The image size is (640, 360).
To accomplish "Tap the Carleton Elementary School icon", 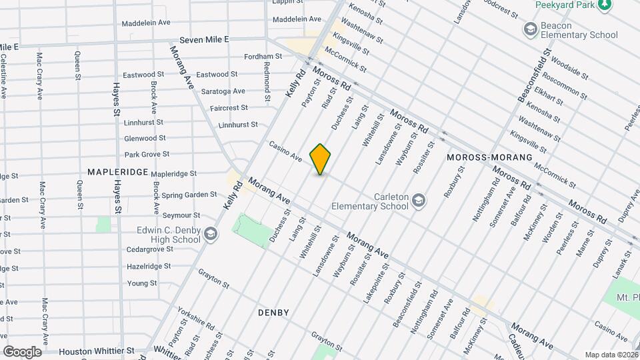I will click(x=418, y=199).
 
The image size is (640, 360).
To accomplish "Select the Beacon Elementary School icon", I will click(x=531, y=29).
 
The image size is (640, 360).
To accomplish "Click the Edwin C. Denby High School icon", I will click(x=211, y=233).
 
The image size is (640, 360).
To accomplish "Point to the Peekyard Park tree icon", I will click(x=605, y=5).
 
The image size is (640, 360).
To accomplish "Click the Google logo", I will click(x=22, y=351).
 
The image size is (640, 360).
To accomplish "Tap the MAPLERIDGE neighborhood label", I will click(x=117, y=172).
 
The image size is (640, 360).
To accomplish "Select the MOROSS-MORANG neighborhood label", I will click(x=490, y=157).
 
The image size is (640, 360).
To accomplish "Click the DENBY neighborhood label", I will click(x=273, y=313).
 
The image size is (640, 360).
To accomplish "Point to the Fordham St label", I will click(x=259, y=57).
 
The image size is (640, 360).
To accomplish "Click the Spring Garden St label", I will click(x=189, y=195).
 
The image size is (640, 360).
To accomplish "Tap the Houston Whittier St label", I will click(x=96, y=351).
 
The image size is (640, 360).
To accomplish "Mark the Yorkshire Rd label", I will click(x=196, y=319).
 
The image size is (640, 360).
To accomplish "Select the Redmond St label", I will click(x=267, y=81).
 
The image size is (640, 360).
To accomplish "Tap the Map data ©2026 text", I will click(x=611, y=355).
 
